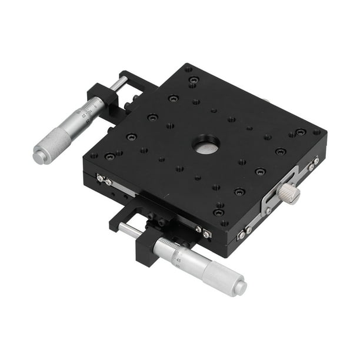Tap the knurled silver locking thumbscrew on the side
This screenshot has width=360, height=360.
click(289, 192)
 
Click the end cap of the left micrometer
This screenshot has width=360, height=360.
click(39, 156)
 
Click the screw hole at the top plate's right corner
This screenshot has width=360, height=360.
click(317, 132)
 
